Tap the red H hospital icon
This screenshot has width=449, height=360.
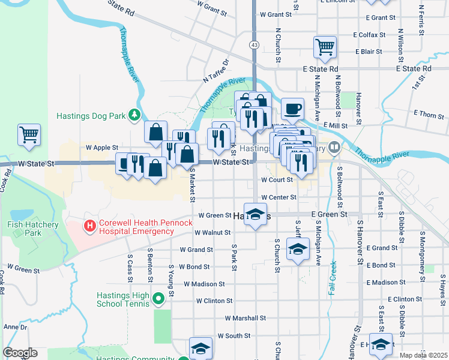click(x=89, y=226)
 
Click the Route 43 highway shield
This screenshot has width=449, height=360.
click(x=255, y=45)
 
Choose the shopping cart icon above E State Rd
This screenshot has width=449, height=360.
click(x=325, y=47)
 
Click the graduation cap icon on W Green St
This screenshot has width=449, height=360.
click(x=255, y=214)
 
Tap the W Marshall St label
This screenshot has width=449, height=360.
click(x=245, y=318)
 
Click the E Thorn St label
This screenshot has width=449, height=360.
click(x=428, y=113)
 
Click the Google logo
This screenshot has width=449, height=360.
click(x=20, y=353)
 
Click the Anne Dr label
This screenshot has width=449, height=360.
click(x=11, y=327)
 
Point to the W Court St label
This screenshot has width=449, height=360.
click(x=276, y=179)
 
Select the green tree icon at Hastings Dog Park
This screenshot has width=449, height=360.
click(x=136, y=115)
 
